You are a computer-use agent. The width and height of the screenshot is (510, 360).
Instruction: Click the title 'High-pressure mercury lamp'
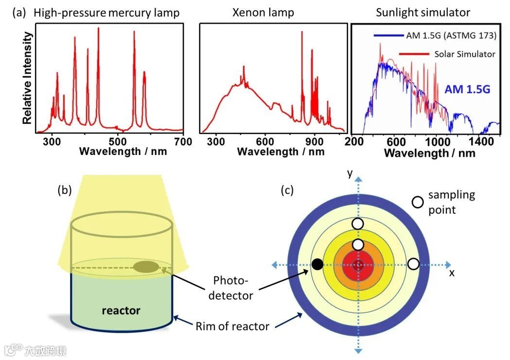coord(106,13)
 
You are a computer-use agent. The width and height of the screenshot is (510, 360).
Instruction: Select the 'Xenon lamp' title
coord(263,13)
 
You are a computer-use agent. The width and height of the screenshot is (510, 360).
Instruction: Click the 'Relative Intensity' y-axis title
coord(29,78)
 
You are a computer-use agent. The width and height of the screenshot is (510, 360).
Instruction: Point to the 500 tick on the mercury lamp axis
coord(118,141)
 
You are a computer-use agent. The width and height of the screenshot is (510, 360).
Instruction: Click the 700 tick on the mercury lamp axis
coord(183,141)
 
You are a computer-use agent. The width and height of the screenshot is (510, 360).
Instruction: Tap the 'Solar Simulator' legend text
coord(465,54)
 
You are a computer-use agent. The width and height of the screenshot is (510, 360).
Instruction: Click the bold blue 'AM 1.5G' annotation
coord(466,89)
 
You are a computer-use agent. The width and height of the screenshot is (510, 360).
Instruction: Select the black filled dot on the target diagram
coord(317,264)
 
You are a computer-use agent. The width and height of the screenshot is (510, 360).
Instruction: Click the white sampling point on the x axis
coord(413,264)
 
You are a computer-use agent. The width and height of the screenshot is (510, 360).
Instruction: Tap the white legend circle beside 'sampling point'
coord(417,203)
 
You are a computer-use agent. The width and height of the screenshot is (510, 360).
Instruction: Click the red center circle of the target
coord(359,265)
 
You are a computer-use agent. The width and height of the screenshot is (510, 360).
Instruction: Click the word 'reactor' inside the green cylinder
coord(122,310)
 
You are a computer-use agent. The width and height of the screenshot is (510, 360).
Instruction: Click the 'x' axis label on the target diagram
coord(452,273)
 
